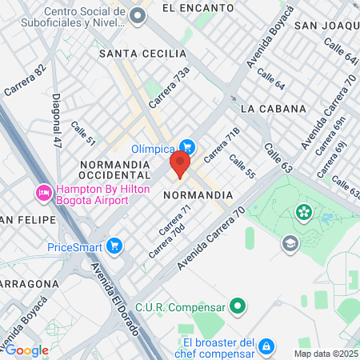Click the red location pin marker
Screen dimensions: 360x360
click(179, 166)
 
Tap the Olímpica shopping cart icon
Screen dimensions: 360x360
click(187, 146)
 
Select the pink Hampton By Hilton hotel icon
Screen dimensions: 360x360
click(43, 193)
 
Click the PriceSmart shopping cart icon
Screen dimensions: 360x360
click(115, 245)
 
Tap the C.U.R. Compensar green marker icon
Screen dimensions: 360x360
click(237, 306)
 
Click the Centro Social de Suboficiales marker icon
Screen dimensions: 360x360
click(138, 15)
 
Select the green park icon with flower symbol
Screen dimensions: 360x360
click(304, 212)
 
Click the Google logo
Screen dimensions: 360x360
click(26, 350)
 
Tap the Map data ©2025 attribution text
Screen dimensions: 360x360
click(326, 354)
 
